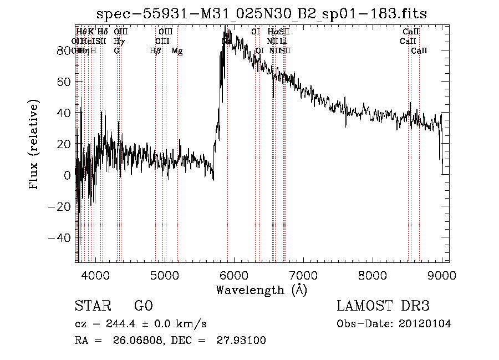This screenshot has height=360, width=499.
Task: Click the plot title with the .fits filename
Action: coord(261,14)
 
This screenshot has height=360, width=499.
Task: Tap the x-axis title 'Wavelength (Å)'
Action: coord(261,290)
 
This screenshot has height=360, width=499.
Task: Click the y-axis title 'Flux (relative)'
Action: coord(34,144)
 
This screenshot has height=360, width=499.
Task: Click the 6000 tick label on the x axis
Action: coord(234,275)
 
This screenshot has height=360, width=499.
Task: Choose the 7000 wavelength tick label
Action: coord(303,275)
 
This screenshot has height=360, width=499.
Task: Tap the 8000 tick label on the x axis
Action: coord(373,275)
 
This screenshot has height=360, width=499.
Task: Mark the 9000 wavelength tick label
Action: coord(442,275)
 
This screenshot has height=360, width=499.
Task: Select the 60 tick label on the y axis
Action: coord(63,82)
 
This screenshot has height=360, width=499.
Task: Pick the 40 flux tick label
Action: coord(63,113)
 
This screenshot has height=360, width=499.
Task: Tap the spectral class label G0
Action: coord(144,306)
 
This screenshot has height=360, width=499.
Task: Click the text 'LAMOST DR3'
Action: coord(383,306)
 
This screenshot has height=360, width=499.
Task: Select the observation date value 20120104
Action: coord(424,324)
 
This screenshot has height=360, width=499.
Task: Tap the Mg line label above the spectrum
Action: coord(177,51)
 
